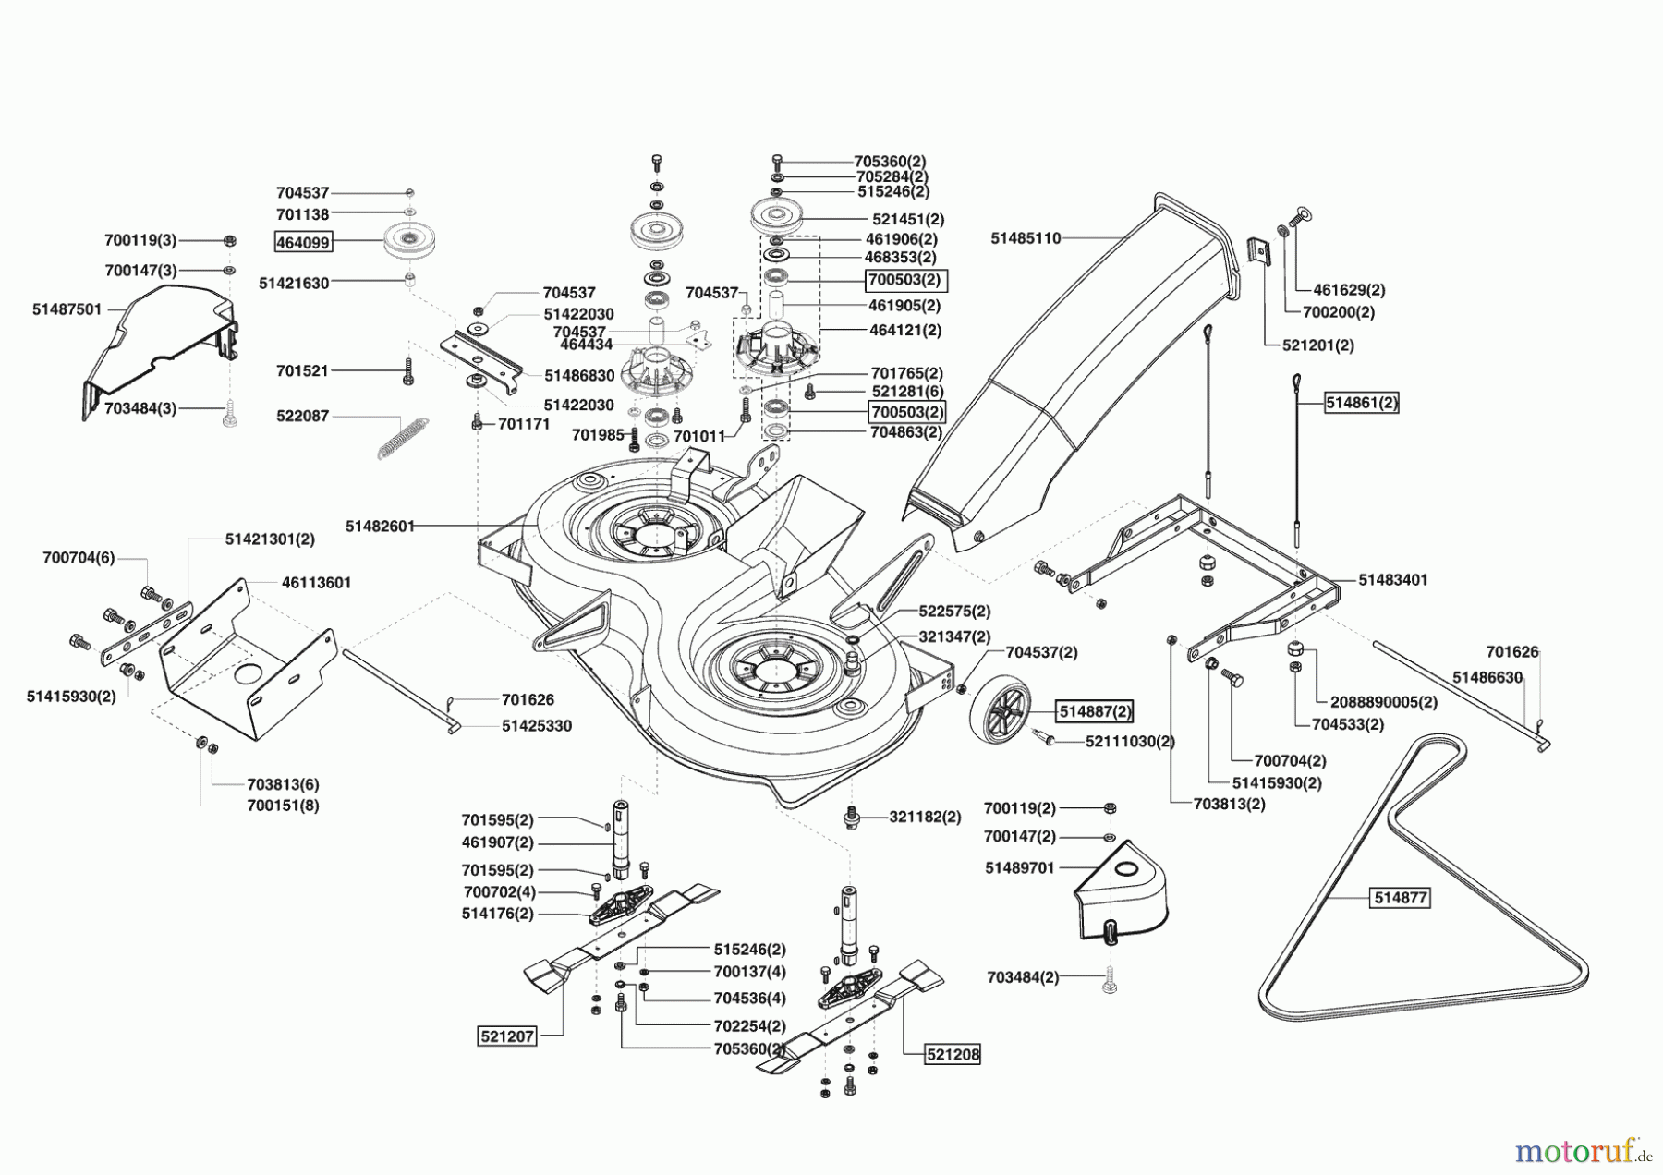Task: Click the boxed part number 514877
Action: point(1401,897)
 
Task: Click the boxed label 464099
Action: point(303,243)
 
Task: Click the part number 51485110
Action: point(1026,238)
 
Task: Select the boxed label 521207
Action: point(507,1036)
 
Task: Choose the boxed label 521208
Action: point(953,1054)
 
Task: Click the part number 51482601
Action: point(380,526)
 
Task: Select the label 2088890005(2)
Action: point(1384,702)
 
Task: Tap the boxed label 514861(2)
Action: point(1361,403)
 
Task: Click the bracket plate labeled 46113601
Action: point(245,660)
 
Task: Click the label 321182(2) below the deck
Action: point(925,817)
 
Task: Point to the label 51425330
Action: point(537,726)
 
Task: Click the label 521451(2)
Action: point(908,220)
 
